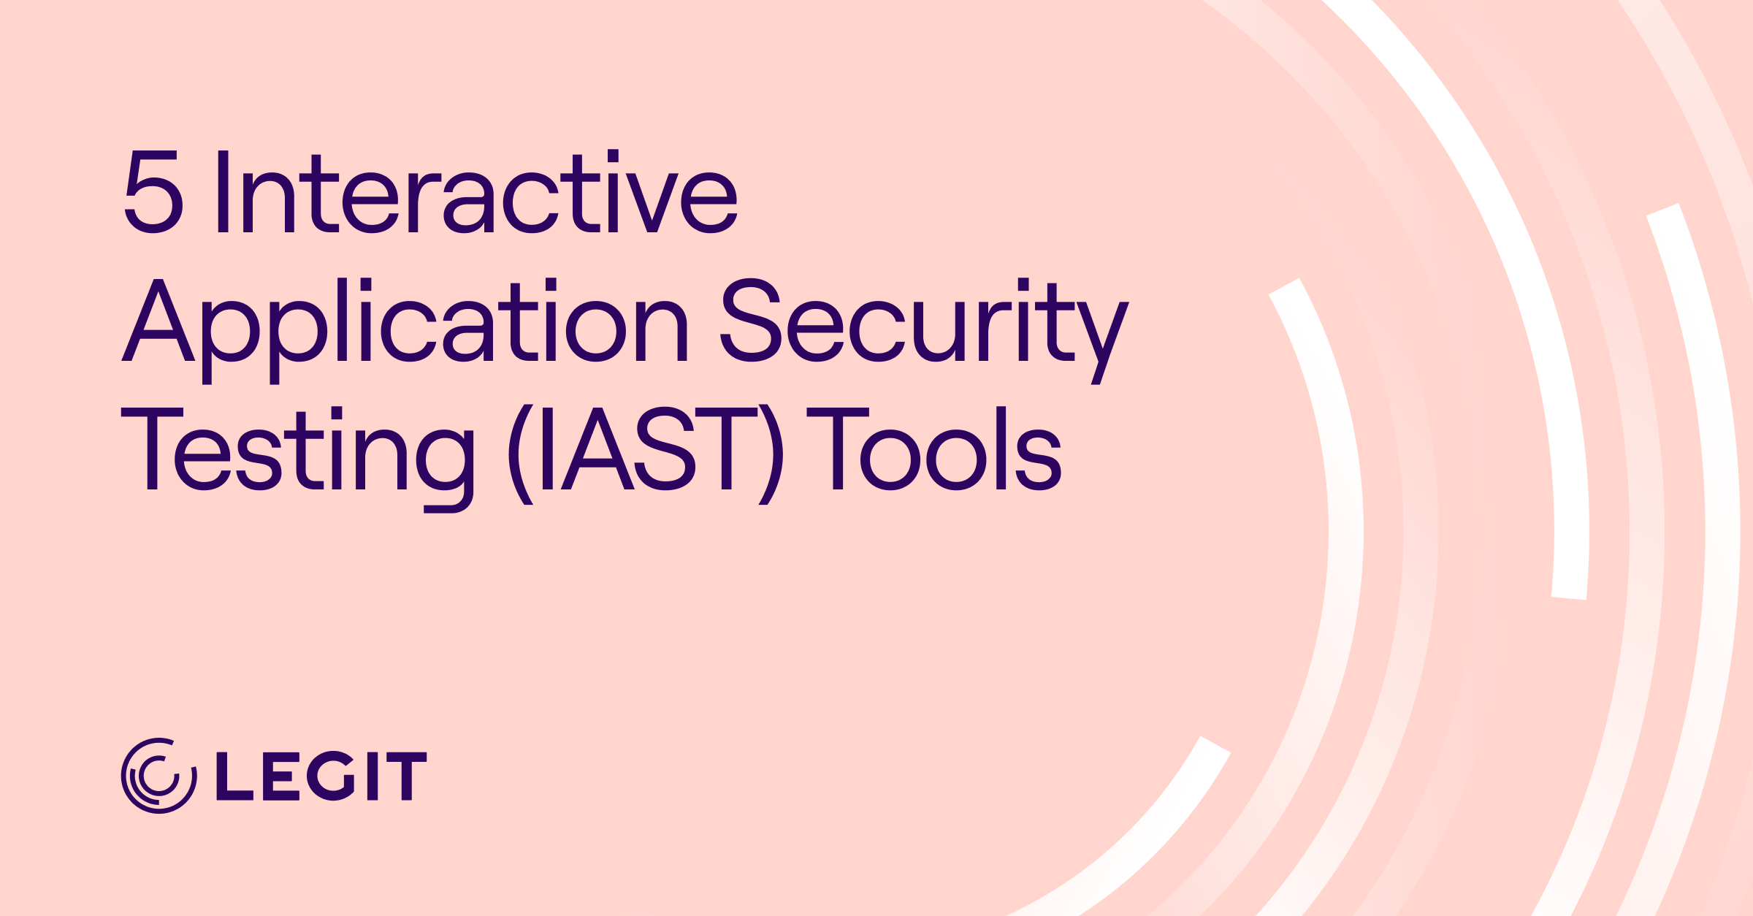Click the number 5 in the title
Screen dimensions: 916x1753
153,192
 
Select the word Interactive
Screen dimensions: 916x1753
477,192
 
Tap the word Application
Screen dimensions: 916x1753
405,321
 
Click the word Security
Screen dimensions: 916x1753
924,321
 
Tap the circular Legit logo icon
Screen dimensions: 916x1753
159,776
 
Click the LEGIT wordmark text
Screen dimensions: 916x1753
321,776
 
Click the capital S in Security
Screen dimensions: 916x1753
751,320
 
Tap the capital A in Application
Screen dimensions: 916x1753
158,320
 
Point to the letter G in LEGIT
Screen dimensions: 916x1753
331,776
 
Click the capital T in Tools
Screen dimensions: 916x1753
838,449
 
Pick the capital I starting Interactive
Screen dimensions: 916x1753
224,192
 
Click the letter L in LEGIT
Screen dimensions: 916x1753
234,776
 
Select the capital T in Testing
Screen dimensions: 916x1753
152,449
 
